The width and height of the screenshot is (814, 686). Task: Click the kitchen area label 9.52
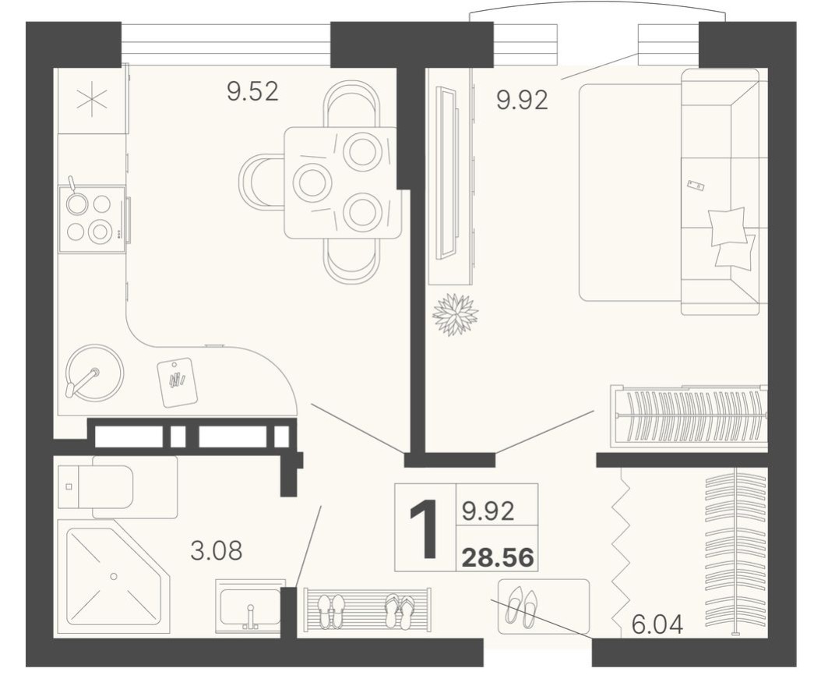click(x=252, y=92)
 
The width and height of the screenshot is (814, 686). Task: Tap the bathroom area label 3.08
click(x=216, y=550)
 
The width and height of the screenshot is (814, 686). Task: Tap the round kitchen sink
click(x=93, y=373)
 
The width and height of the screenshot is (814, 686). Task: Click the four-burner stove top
click(x=92, y=218)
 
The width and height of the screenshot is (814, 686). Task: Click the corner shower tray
click(x=113, y=577)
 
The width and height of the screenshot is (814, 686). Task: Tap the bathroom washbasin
click(x=249, y=606)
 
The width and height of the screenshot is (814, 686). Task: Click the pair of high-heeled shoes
click(x=521, y=606)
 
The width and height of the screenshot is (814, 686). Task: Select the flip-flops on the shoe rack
click(x=400, y=611)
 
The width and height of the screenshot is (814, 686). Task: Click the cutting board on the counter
click(x=178, y=382)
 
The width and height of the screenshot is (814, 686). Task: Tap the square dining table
click(x=342, y=182)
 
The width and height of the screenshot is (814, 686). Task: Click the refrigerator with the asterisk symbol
click(x=92, y=101)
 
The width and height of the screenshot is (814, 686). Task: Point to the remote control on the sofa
click(x=696, y=186)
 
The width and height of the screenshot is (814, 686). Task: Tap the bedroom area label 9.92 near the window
click(x=522, y=100)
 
